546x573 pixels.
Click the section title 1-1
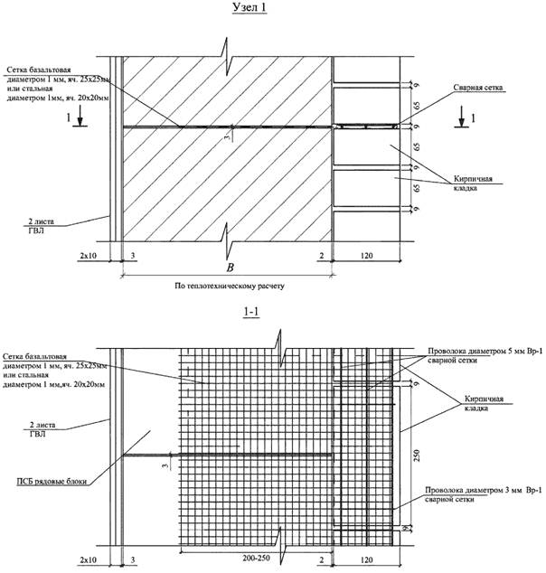pyautogui.click(x=257, y=312)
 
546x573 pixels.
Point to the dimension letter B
pyautogui.click(x=231, y=268)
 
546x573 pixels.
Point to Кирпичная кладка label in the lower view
pyautogui.click(x=475, y=402)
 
